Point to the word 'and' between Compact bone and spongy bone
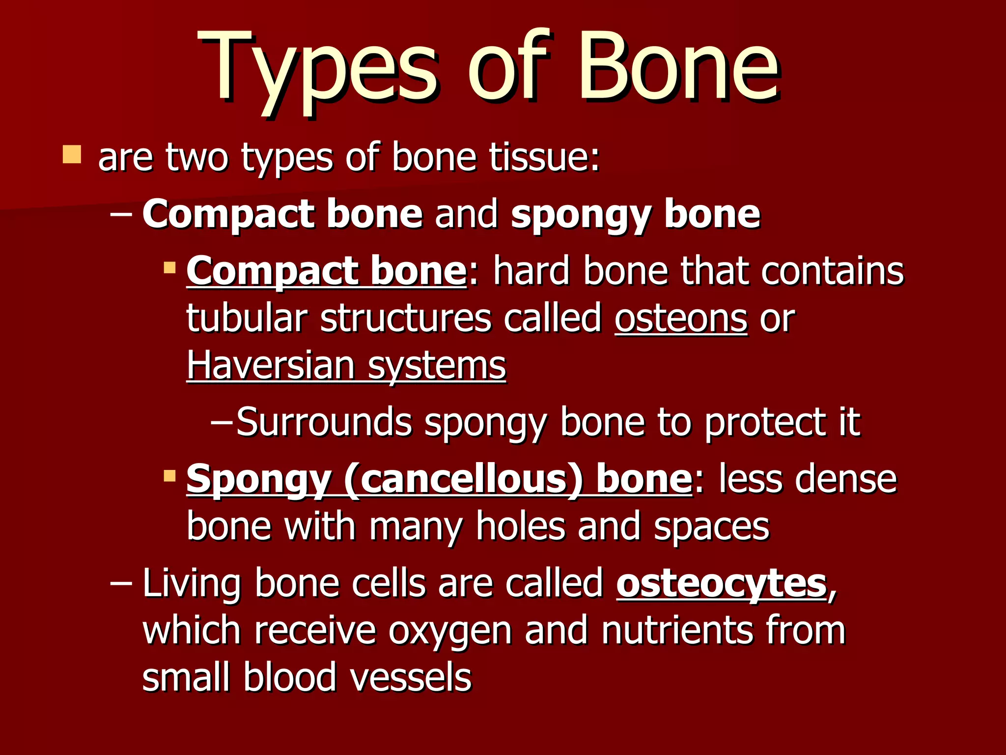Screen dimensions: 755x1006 (x=466, y=214)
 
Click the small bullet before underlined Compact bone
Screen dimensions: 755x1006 (x=169, y=268)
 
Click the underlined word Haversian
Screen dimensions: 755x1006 (x=271, y=366)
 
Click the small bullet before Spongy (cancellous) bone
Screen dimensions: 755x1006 (x=169, y=475)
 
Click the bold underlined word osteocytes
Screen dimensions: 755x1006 (x=722, y=584)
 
